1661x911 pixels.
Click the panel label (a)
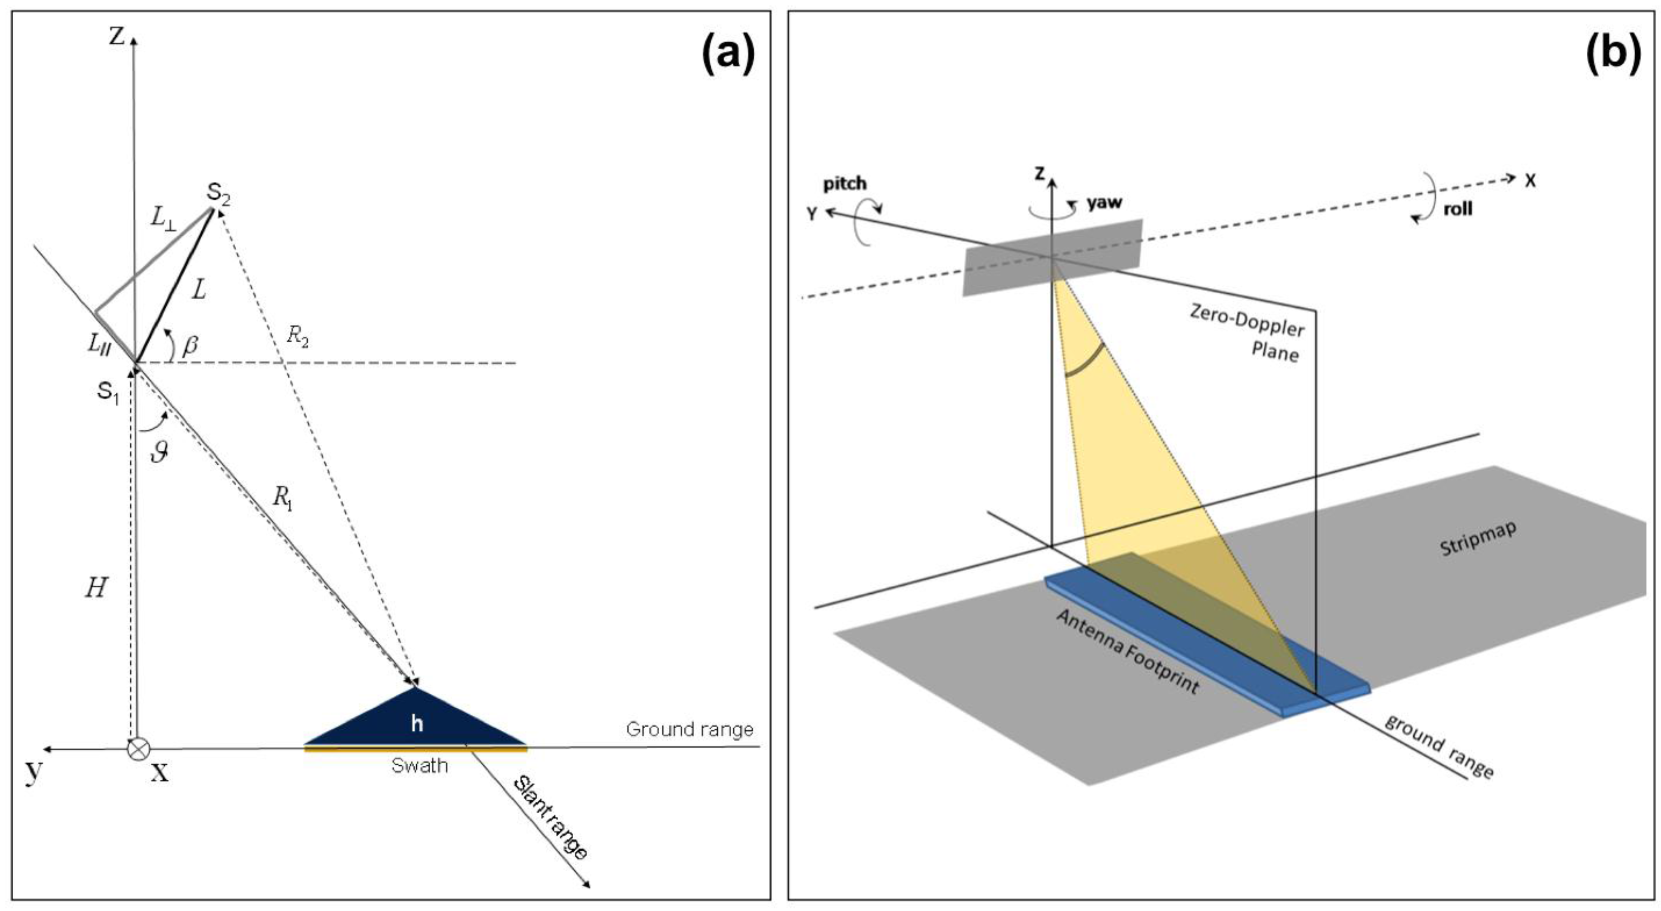click(727, 56)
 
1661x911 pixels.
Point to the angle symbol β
click(190, 346)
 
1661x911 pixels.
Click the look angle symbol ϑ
click(159, 452)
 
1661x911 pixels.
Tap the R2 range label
click(297, 336)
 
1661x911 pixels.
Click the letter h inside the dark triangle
click(417, 724)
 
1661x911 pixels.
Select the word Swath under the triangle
click(419, 766)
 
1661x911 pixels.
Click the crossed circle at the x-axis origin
click(138, 749)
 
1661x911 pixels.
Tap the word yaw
click(1104, 202)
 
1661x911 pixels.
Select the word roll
click(1458, 209)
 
